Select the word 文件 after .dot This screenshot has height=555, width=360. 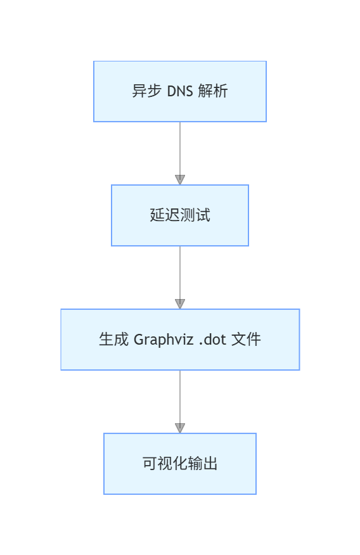(246, 340)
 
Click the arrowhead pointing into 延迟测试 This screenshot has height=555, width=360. (180, 180)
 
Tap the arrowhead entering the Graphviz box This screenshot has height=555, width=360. (180, 304)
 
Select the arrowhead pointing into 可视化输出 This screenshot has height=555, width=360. (180, 428)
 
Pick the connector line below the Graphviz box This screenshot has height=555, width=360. (180, 396)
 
